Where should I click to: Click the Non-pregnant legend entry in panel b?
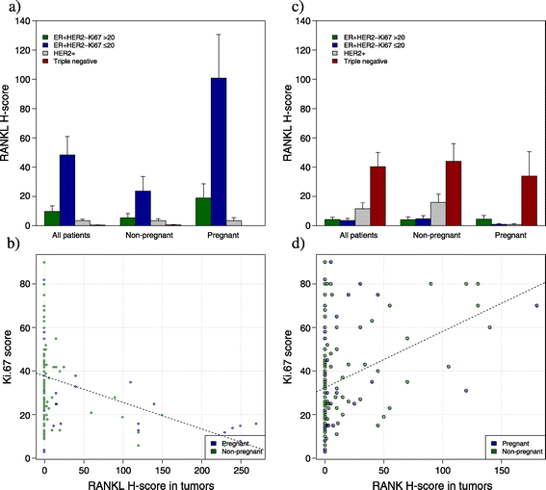pyautogui.click(x=233, y=451)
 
